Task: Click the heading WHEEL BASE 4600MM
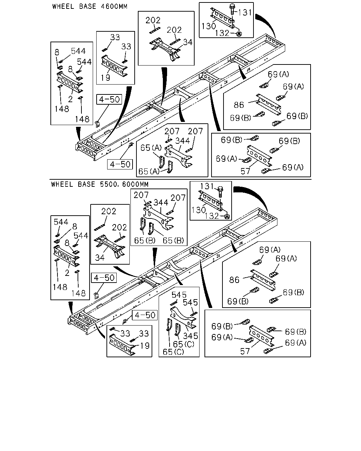[90, 6]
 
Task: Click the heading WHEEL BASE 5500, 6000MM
[100, 184]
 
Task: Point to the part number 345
[190, 336]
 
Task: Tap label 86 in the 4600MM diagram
[239, 105]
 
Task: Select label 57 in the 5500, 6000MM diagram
[245, 351]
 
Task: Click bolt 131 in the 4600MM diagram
[232, 9]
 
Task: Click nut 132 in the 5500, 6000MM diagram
[227, 216]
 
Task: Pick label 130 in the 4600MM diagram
[209, 26]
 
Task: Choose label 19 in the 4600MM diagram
[105, 78]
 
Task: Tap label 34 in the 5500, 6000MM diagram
[100, 258]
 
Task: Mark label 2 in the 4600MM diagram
[70, 99]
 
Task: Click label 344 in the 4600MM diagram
[183, 141]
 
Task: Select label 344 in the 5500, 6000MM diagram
[161, 203]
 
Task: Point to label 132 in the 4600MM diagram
[222, 33]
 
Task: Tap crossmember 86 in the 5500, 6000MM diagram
[263, 280]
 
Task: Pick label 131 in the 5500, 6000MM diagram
[207, 186]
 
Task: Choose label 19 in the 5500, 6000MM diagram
[145, 346]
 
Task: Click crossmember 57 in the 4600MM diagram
[259, 156]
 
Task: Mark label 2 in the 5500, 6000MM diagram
[67, 273]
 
